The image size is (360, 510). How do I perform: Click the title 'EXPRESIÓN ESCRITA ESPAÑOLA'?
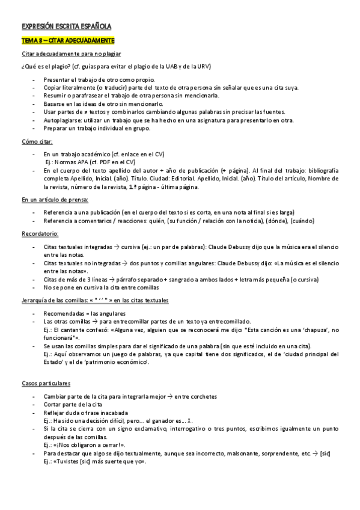pyautogui.click(x=66, y=26)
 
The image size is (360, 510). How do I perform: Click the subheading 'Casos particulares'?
pyautogui.click(x=46, y=383)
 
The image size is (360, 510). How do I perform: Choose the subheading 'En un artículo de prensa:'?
pyautogui.click(x=55, y=200)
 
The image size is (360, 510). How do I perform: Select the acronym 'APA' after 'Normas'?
pyautogui.click(x=82, y=162)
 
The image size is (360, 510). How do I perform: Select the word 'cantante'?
pyautogui.click(x=78, y=330)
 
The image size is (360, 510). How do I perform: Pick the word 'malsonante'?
pyautogui.click(x=248, y=454)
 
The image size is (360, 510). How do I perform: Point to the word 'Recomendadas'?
pyautogui.click(x=64, y=313)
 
